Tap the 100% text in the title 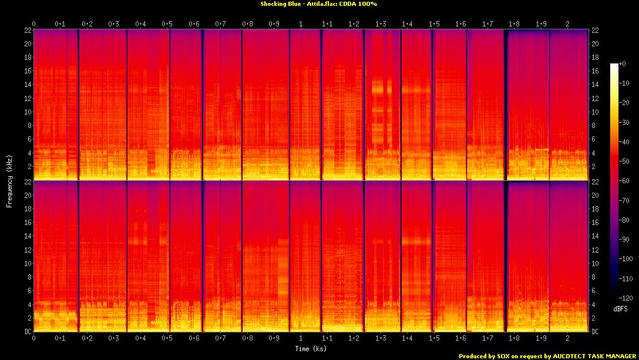click(x=368, y=4)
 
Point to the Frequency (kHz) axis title click(x=9, y=180)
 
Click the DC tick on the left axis click(x=28, y=331)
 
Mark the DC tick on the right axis click(x=595, y=331)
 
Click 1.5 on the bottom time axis click(x=434, y=338)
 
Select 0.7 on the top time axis click(x=221, y=23)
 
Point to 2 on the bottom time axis click(x=567, y=338)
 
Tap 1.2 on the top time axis click(x=354, y=23)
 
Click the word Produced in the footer click(x=473, y=356)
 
